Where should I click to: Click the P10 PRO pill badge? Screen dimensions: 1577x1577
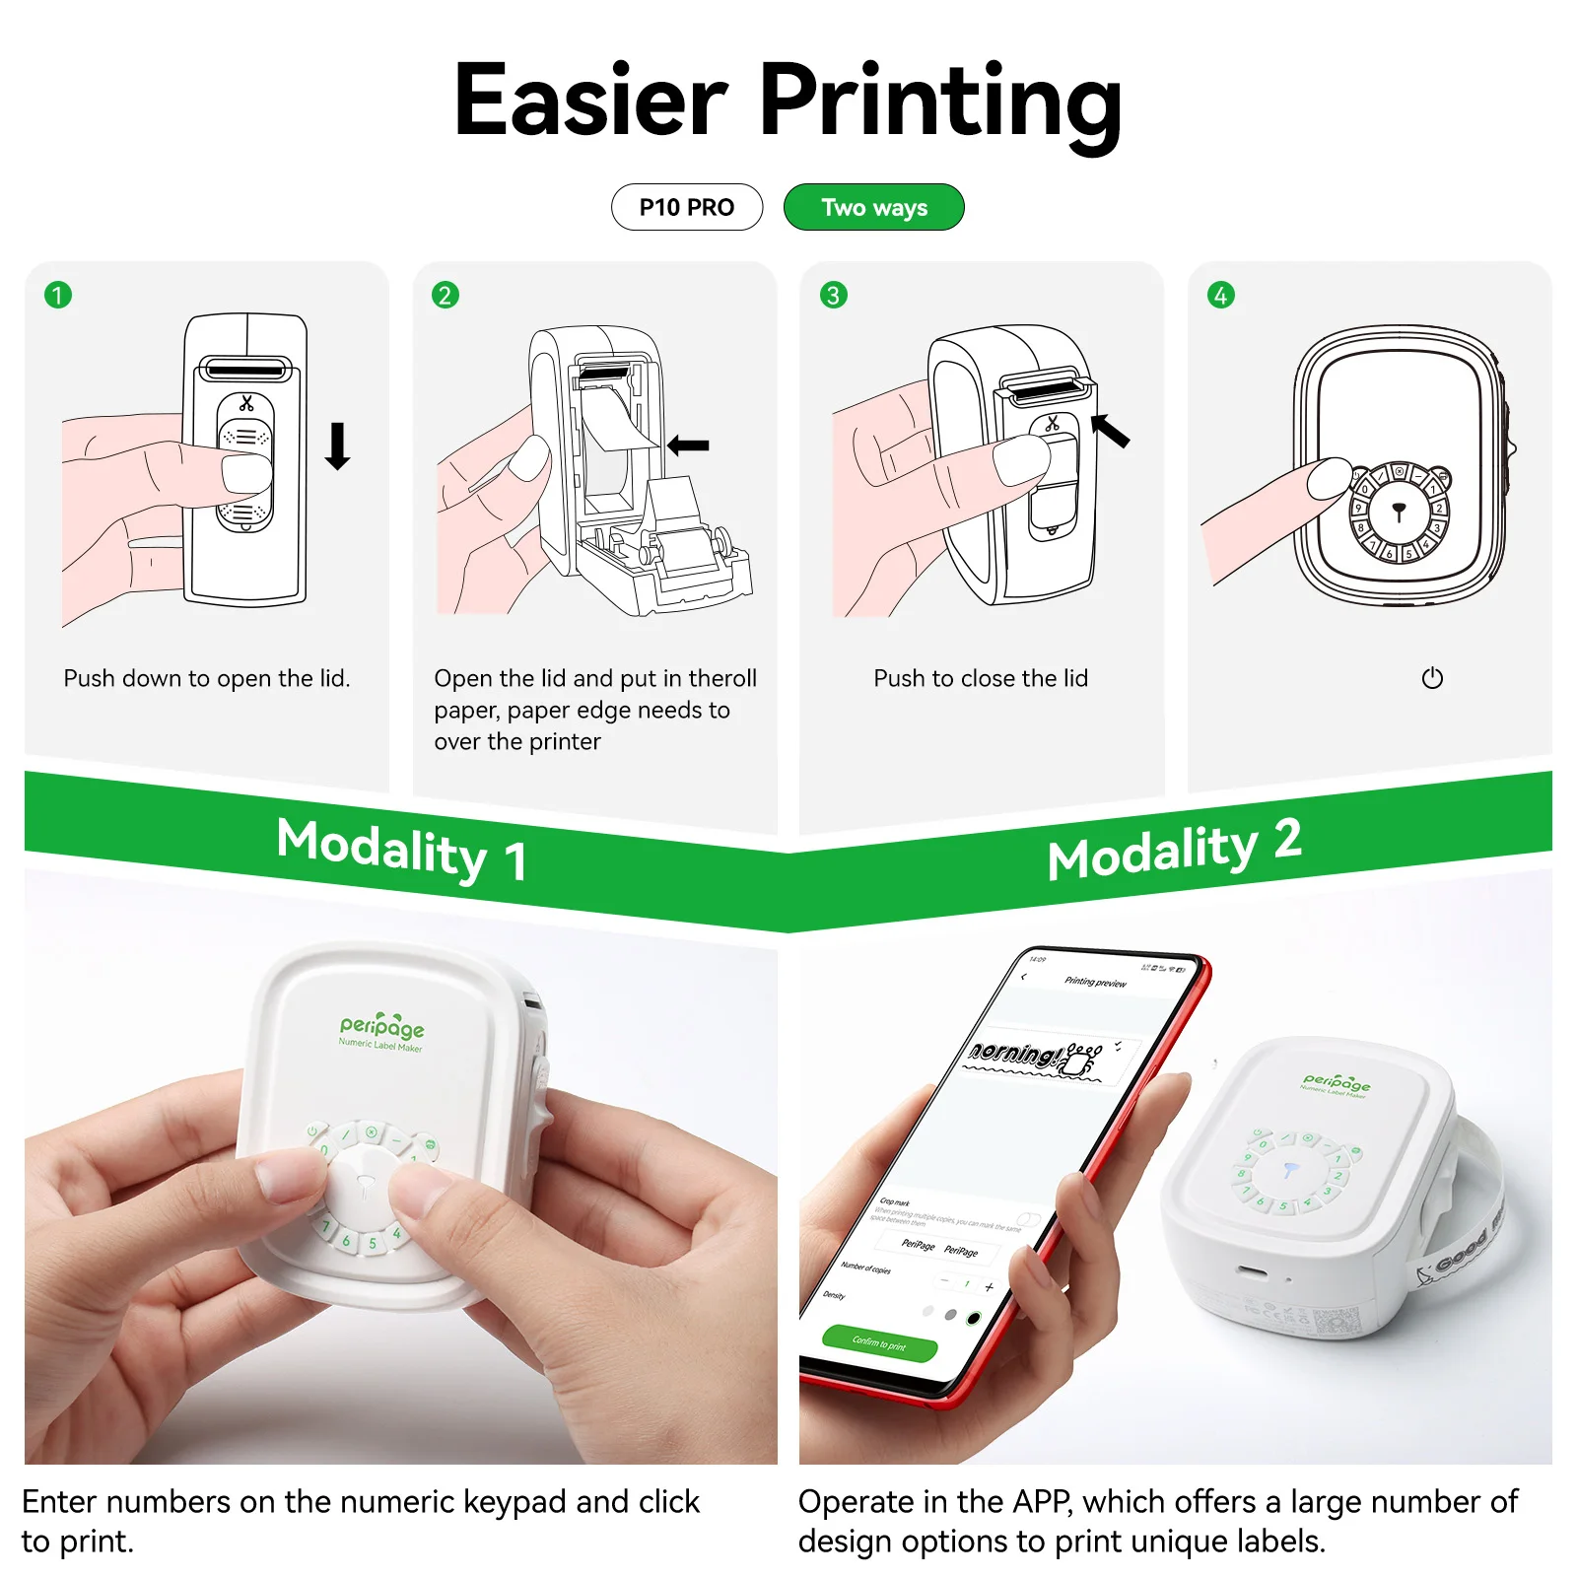[x=686, y=207]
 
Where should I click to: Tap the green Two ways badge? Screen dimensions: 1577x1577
[x=873, y=207]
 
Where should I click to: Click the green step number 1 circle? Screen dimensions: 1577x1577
[x=58, y=295]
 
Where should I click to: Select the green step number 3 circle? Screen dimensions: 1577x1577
[x=834, y=295]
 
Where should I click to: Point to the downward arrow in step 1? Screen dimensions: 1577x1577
[x=337, y=446]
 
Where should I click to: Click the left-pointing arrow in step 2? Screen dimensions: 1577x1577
[x=688, y=446]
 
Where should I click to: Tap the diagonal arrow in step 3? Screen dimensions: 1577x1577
[x=1111, y=431]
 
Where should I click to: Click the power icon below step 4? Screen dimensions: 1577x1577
[x=1432, y=678]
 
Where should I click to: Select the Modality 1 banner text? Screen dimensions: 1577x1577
[x=401, y=850]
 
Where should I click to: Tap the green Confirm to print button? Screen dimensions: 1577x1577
[x=879, y=1342]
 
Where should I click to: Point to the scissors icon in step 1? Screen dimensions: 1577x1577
[x=246, y=403]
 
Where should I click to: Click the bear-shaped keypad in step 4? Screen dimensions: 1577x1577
[x=1398, y=510]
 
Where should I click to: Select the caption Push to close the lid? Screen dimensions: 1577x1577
[x=981, y=678]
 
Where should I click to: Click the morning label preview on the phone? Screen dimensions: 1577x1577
[x=1035, y=1056]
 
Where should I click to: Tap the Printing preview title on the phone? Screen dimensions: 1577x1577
[x=1095, y=982]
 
